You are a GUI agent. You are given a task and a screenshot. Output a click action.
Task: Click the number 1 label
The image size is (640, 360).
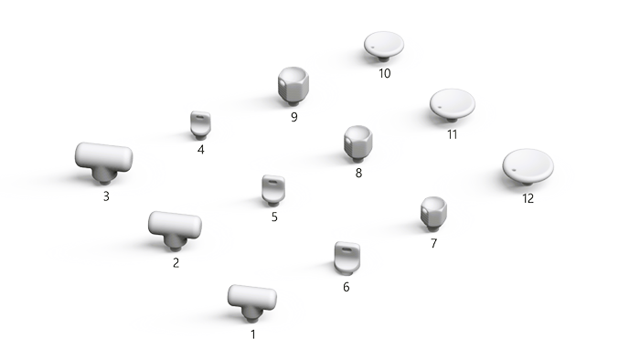pyautogui.click(x=253, y=334)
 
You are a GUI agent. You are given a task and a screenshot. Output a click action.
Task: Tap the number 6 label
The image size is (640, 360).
pyautogui.click(x=346, y=287)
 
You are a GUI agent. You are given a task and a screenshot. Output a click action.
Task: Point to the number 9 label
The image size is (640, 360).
pyautogui.click(x=294, y=118)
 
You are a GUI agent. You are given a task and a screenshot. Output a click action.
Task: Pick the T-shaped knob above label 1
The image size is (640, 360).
pyautogui.click(x=251, y=300)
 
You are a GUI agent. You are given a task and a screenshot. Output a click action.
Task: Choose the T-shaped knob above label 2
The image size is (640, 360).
pyautogui.click(x=174, y=228)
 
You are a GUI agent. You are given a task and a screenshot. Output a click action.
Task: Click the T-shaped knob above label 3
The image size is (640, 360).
pyautogui.click(x=102, y=160)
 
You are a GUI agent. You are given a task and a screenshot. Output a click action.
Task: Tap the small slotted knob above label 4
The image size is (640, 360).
pyautogui.click(x=200, y=124)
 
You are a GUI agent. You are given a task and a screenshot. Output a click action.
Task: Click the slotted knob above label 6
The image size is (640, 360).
pyautogui.click(x=346, y=257)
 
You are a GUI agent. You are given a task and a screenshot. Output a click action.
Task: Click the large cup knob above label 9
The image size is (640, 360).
pyautogui.click(x=293, y=86)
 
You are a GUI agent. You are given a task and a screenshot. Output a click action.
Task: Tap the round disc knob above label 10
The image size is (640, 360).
pyautogui.click(x=384, y=45)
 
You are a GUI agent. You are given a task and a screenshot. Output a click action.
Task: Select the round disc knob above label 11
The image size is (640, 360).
pyautogui.click(x=452, y=105)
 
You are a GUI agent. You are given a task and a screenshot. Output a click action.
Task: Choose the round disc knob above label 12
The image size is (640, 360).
pyautogui.click(x=528, y=165)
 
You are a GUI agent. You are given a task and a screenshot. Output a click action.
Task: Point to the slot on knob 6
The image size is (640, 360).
pyautogui.click(x=344, y=247)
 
